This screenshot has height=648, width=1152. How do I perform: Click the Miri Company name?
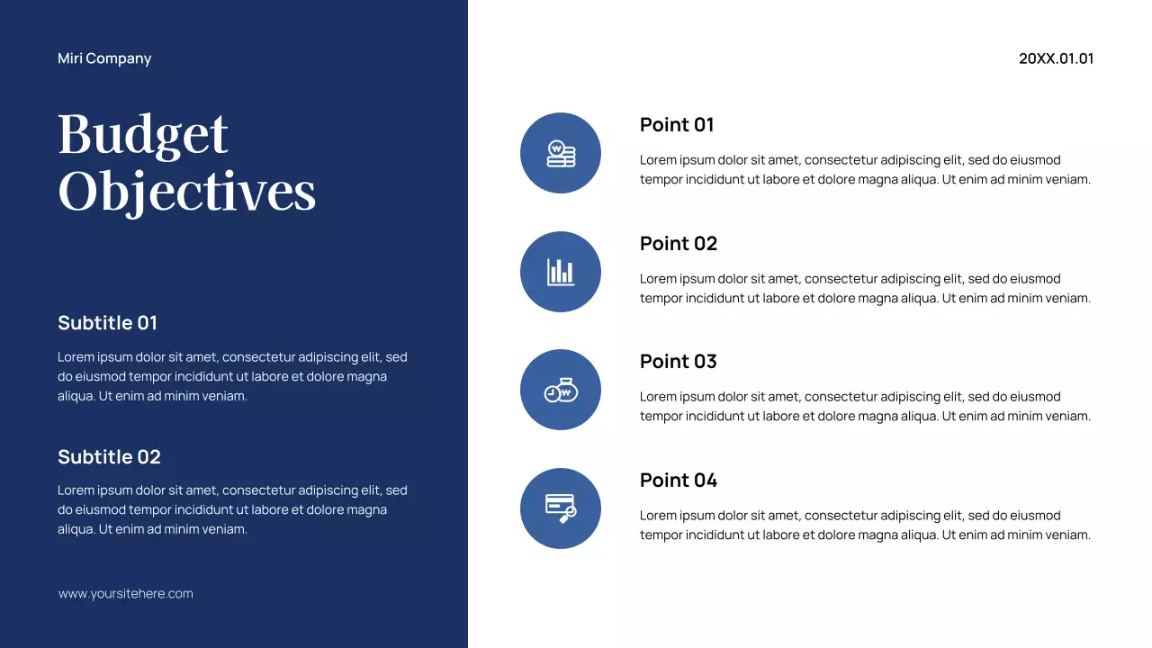(x=104, y=58)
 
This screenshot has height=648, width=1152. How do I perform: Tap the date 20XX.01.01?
(x=1056, y=58)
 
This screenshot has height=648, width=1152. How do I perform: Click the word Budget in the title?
(x=143, y=135)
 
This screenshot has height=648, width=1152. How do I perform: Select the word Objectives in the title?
(x=187, y=191)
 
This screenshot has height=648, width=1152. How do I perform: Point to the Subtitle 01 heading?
(x=107, y=322)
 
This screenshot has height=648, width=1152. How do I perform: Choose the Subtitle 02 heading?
(x=109, y=456)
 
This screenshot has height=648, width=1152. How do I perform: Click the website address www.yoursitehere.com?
(x=126, y=594)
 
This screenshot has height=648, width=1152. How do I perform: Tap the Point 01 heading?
(x=677, y=124)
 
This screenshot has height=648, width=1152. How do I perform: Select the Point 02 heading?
(x=679, y=243)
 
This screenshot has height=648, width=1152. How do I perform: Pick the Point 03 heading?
(x=679, y=361)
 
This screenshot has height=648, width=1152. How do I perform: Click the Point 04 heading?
(x=679, y=480)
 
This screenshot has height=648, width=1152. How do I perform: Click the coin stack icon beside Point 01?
(x=561, y=153)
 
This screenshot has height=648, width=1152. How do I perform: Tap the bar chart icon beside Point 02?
(x=561, y=272)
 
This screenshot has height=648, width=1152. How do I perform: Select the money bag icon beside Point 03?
(x=561, y=390)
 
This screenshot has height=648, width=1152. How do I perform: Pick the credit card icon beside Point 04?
(x=561, y=508)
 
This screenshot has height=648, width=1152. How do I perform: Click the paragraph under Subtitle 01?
(x=232, y=376)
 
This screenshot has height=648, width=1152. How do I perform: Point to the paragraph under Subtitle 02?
(x=232, y=509)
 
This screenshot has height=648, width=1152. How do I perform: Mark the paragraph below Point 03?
(x=865, y=406)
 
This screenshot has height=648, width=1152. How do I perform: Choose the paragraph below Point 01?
(x=865, y=169)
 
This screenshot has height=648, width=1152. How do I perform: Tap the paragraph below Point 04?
(x=865, y=525)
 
